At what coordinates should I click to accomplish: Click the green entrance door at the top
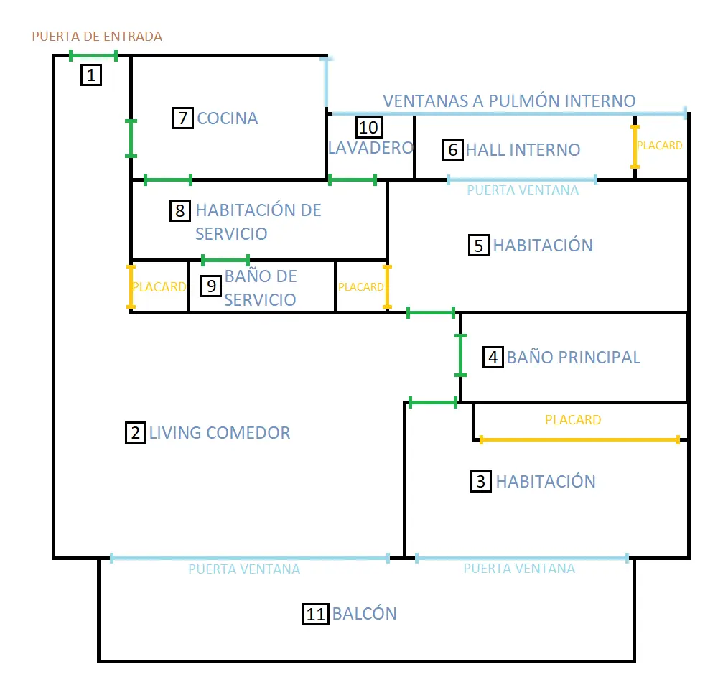coord(93,56)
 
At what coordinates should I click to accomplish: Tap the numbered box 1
coord(91,75)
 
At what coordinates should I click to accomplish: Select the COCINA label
coord(228,118)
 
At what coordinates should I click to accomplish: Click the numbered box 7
coord(182,118)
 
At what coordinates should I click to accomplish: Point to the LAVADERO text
coord(370,148)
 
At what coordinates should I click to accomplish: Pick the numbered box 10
coord(369,128)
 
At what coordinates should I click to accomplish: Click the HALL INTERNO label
coord(523,150)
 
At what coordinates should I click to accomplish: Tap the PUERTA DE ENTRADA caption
coord(97,37)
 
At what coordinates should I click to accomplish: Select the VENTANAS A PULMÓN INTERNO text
coord(509,101)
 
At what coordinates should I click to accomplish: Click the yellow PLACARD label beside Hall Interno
coord(659,146)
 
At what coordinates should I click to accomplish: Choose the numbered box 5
coord(479,246)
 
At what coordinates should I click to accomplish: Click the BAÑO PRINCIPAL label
coord(573,358)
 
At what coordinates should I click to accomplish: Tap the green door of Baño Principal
coord(461,355)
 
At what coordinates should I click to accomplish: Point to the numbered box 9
coord(211,286)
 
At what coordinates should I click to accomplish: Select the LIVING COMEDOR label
coord(220,433)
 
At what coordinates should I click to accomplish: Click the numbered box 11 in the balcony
coord(316,614)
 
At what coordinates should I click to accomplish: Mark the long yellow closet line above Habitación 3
coord(579,439)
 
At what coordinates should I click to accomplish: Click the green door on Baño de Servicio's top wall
coord(225,260)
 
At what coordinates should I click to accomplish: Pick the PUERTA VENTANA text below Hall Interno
coord(523,190)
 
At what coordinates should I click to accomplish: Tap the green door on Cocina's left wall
coord(131,139)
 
